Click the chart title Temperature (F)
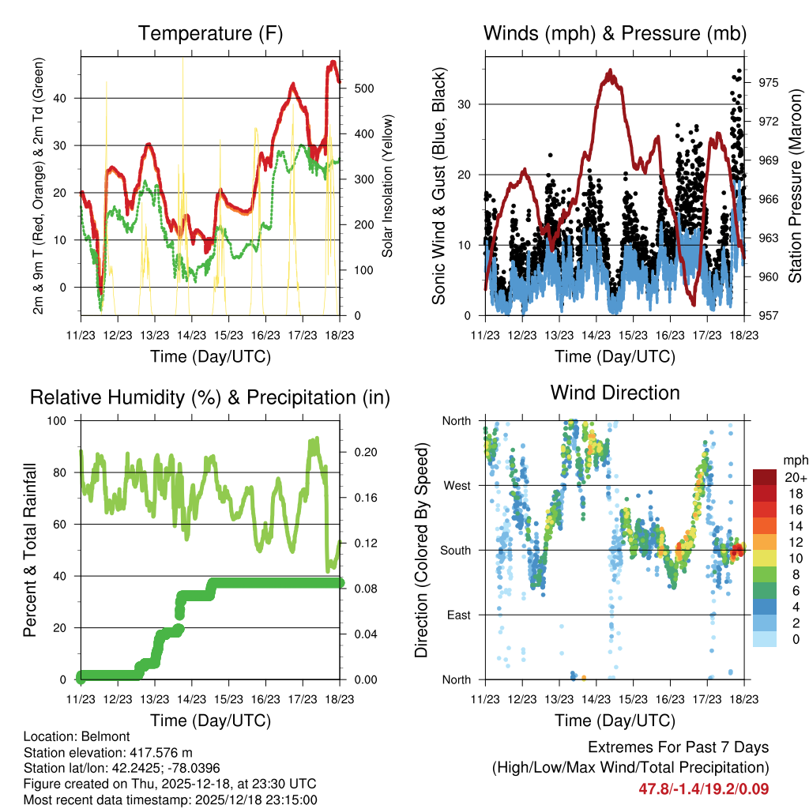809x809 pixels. (x=210, y=34)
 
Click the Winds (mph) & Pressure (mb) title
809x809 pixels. (x=615, y=34)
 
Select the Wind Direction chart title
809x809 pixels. (x=615, y=393)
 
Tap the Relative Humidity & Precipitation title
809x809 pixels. (x=210, y=397)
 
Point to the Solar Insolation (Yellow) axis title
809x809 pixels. (x=387, y=186)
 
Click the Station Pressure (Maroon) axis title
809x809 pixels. (x=795, y=186)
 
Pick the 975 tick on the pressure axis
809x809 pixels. (x=769, y=82)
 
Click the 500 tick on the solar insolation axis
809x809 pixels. (x=363, y=88)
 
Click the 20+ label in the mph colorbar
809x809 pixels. (x=795, y=477)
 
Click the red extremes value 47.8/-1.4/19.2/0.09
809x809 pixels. (x=703, y=788)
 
